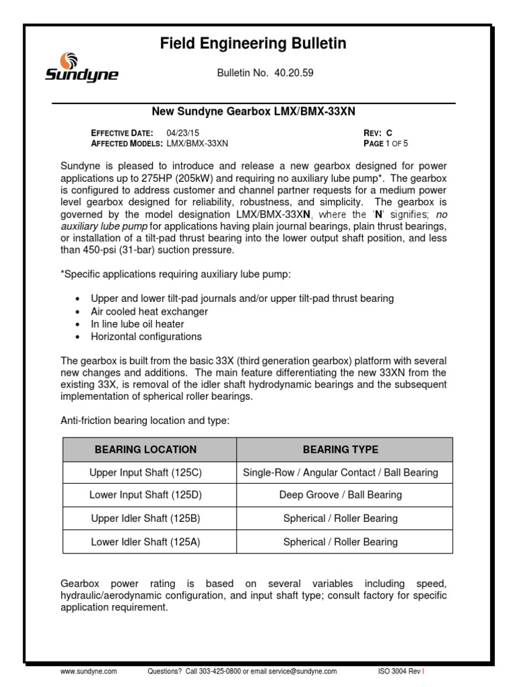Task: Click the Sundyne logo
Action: pos(81,67)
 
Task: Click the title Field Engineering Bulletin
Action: pos(253,44)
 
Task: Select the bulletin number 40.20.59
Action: pos(293,72)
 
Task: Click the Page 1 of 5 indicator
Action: pos(385,143)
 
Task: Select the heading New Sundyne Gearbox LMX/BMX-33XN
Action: pos(253,111)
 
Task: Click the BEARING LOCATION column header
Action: pos(146,450)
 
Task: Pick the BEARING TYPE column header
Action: pos(340,450)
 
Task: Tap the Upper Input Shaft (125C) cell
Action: pos(146,472)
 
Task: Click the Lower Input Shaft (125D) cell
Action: pos(146,495)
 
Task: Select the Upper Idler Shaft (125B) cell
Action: pos(146,519)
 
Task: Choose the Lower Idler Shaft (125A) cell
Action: pos(146,541)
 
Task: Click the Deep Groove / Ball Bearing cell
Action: pos(340,495)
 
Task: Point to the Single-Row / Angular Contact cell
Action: pos(340,472)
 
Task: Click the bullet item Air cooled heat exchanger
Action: pos(150,311)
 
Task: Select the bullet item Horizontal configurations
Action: pos(146,337)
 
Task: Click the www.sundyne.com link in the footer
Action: pos(89,671)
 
